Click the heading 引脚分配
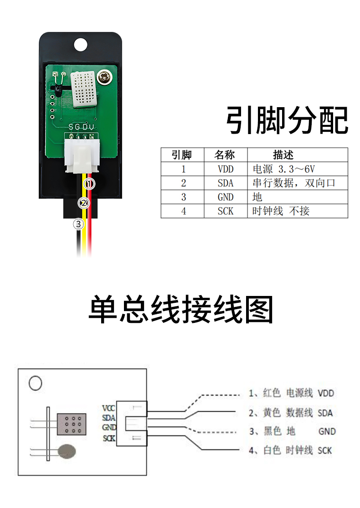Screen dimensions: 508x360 pyautogui.click(x=287, y=120)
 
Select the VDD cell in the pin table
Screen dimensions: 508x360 pyautogui.click(x=225, y=169)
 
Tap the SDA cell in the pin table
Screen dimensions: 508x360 pyautogui.click(x=225, y=183)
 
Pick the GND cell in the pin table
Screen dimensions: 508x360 pyautogui.click(x=225, y=197)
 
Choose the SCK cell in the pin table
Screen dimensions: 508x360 pyautogui.click(x=225, y=211)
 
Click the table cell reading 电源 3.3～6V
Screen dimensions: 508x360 pyautogui.click(x=283, y=169)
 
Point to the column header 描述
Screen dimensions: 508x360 pyautogui.click(x=283, y=155)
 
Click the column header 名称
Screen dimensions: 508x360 pyautogui.click(x=225, y=155)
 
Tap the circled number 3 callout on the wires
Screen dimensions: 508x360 pyautogui.click(x=79, y=224)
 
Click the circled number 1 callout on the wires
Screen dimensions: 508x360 pyautogui.click(x=89, y=184)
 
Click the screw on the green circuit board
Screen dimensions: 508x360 pyautogui.click(x=106, y=78)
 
